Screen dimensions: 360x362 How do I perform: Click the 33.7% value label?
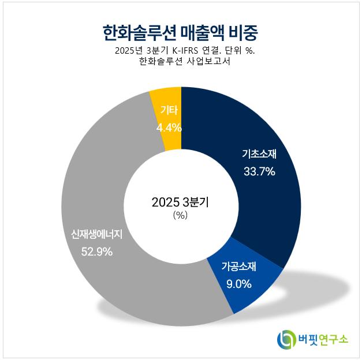tap(259, 171)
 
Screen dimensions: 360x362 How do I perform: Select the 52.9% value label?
tap(96, 252)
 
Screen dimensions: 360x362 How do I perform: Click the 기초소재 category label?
tap(260, 154)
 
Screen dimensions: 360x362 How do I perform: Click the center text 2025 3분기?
tap(180, 202)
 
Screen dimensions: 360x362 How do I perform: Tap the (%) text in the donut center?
tap(181, 215)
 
